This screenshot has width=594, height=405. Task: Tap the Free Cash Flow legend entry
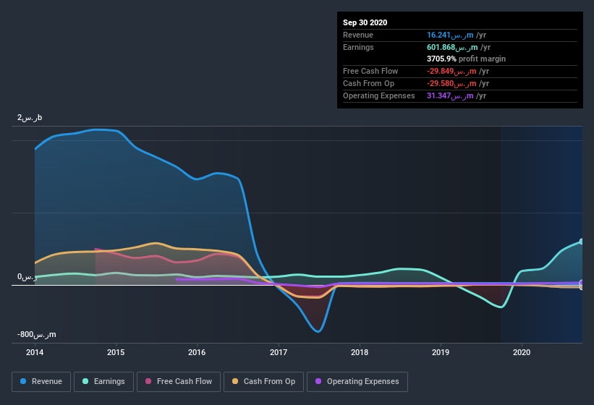click(179, 381)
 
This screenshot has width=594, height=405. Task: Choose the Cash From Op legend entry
click(263, 381)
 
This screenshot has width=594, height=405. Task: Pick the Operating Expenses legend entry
click(357, 381)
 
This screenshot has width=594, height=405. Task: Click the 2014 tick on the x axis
click(35, 353)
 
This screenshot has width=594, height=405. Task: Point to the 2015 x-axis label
click(116, 353)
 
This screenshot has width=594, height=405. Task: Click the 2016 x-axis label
click(197, 353)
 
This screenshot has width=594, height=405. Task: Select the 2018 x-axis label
click(360, 353)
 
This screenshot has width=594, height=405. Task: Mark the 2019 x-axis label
click(441, 353)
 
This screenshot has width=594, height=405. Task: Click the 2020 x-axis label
click(522, 353)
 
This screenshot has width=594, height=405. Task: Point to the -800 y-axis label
click(37, 335)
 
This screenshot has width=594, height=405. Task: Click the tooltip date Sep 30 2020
click(365, 22)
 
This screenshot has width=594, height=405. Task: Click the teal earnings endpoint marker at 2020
click(582, 242)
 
